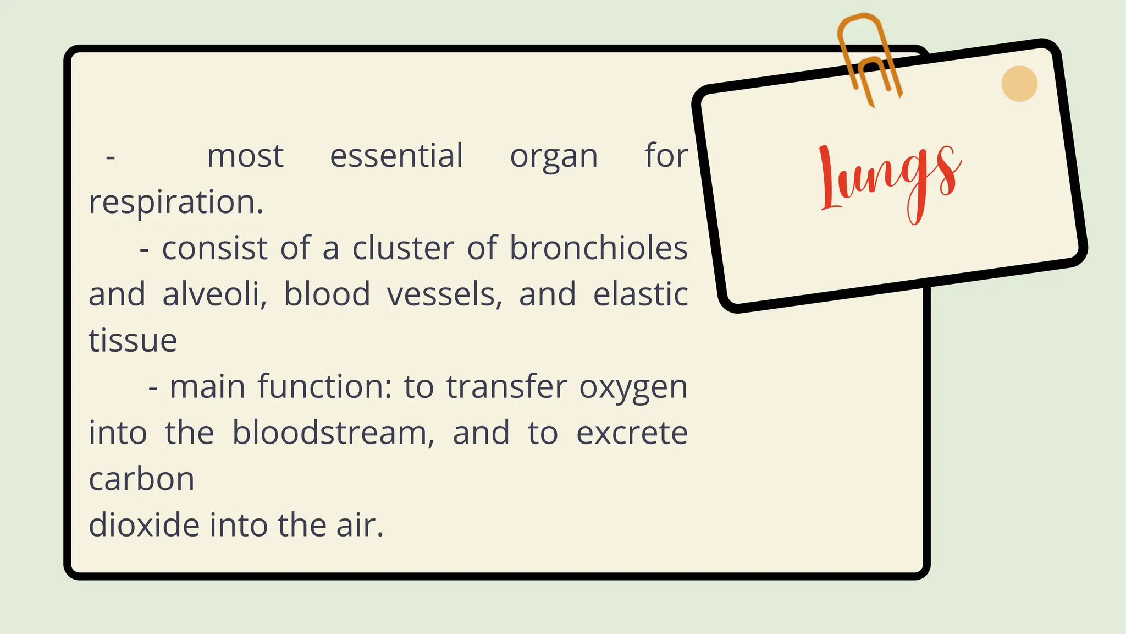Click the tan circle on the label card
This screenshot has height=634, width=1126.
(x=1019, y=84)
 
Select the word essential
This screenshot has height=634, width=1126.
(x=396, y=156)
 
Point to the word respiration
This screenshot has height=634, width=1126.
(x=176, y=203)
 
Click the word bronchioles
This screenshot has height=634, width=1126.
(x=598, y=248)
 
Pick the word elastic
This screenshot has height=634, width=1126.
(x=641, y=294)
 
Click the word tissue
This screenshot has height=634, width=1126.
(x=133, y=341)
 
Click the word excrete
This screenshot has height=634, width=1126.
(x=632, y=433)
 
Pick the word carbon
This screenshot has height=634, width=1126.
(x=142, y=479)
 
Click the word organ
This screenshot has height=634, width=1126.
(x=554, y=157)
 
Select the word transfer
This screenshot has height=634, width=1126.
(x=506, y=387)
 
